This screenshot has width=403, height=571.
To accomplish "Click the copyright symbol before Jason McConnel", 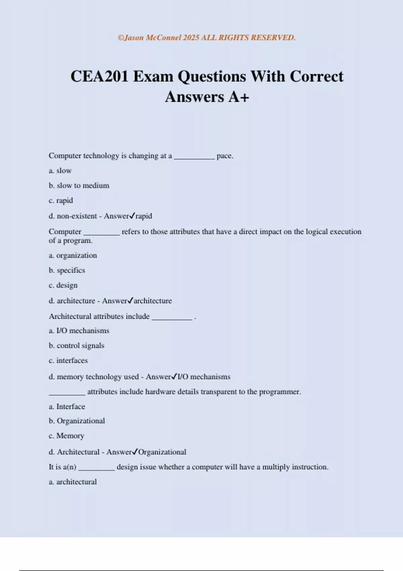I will point(121,38).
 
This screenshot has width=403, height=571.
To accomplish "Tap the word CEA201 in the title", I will point(99,77).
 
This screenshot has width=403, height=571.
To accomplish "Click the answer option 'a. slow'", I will point(60,171).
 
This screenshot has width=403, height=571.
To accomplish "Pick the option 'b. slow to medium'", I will point(79,185).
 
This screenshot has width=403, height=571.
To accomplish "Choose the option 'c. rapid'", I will point(61,201).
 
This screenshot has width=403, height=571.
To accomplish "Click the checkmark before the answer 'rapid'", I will point(132,216).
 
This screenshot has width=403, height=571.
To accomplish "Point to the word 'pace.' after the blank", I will point(225,156).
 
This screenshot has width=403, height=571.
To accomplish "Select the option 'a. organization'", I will point(73,255).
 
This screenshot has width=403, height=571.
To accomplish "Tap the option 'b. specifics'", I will point(67,270).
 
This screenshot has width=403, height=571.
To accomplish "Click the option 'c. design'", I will point(63,285).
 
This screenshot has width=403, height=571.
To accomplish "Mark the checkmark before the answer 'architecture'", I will point(130,300).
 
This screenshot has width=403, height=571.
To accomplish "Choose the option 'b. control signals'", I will point(77,346).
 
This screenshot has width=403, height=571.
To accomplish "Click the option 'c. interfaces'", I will point(68,360).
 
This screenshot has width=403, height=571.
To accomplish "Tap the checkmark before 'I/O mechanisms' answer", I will point(174,377).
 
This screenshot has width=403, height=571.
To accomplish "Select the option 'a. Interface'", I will point(67,406).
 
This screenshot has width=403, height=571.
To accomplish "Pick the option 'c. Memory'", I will point(66,436).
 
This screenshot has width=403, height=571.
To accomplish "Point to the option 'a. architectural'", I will point(73,482).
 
